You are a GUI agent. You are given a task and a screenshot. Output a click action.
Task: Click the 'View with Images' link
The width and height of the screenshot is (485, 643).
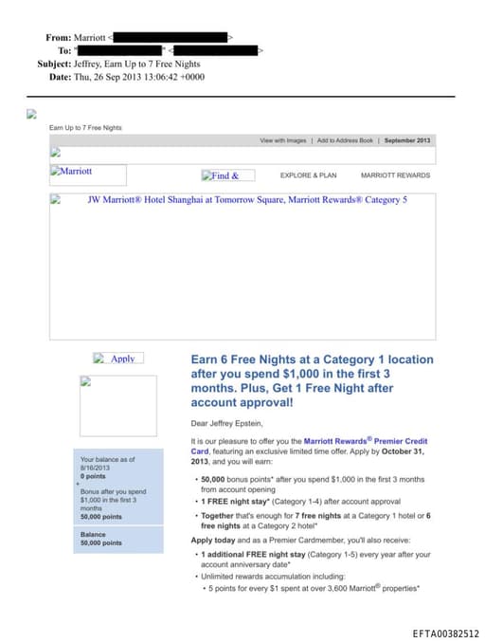pyautogui.click(x=283, y=140)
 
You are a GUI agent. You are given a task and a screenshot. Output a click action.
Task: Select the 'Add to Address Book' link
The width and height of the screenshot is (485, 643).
pyautogui.click(x=345, y=140)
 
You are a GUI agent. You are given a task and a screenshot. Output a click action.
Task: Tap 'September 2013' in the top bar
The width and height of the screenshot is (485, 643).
pyautogui.click(x=407, y=140)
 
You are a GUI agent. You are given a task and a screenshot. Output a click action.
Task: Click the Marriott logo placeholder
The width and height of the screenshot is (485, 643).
pyautogui.click(x=87, y=174)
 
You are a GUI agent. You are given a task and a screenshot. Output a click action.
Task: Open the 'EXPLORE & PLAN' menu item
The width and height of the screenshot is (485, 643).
pyautogui.click(x=308, y=175)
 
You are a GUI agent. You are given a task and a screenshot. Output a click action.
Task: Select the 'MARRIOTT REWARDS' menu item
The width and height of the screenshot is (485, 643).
pyautogui.click(x=395, y=175)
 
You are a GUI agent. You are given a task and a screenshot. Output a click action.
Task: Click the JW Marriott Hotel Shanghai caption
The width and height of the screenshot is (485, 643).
pyautogui.click(x=246, y=201)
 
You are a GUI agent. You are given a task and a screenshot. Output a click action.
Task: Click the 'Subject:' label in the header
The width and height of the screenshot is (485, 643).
pyautogui.click(x=53, y=64)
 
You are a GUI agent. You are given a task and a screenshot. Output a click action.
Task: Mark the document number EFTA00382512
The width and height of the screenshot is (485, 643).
pyautogui.click(x=446, y=634)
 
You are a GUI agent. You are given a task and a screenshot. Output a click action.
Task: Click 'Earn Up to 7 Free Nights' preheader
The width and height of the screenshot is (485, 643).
pyautogui.click(x=85, y=127)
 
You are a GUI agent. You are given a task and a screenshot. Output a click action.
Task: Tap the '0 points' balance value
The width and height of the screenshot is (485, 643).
pyautogui.click(x=95, y=475)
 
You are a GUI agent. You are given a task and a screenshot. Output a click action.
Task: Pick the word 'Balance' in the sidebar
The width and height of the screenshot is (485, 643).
pyautogui.click(x=93, y=534)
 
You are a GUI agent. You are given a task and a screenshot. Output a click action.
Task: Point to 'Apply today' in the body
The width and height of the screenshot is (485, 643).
pyautogui.click(x=214, y=539)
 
